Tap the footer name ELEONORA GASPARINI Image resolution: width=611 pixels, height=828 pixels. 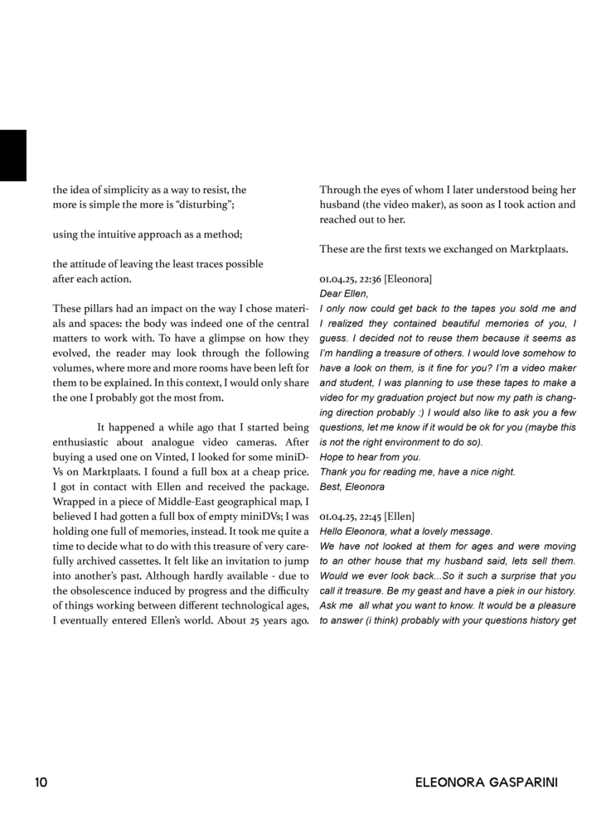(x=487, y=782)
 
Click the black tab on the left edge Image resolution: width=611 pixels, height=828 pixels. (x=12, y=155)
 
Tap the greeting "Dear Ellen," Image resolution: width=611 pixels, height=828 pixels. (x=342, y=293)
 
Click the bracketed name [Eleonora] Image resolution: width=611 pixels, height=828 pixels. (x=408, y=279)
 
